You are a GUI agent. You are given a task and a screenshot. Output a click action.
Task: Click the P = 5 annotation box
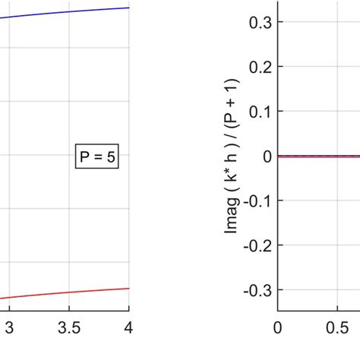(x=97, y=157)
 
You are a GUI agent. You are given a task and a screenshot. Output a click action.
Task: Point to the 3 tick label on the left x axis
(x=9, y=327)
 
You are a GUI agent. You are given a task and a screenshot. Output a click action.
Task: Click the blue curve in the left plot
(x=68, y=12)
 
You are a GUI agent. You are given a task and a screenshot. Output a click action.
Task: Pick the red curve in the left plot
(x=68, y=293)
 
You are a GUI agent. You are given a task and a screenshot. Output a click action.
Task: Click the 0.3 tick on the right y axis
(x=261, y=21)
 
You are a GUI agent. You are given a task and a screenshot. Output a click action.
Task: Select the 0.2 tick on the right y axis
(x=261, y=66)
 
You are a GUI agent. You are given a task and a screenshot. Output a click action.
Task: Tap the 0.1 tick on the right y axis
(x=261, y=111)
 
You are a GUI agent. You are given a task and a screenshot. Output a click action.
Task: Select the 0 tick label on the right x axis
(x=278, y=327)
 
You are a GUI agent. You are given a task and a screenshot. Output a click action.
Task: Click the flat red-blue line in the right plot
(x=319, y=156)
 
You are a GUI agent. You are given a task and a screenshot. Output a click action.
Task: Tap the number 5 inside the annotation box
(x=111, y=157)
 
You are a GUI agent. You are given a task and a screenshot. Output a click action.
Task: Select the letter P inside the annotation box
(x=84, y=157)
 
